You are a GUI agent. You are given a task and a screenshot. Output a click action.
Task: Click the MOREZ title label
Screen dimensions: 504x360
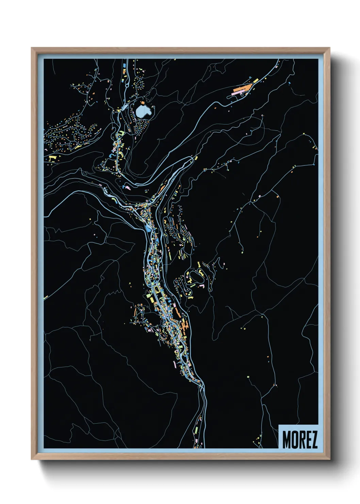[299, 439]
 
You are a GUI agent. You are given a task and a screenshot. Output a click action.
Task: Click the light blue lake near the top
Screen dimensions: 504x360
[144, 111]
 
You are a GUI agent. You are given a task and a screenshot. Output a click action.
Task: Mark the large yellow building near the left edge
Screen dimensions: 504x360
[52, 158]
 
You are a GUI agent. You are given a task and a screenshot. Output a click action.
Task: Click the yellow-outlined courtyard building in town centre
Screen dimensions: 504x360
[157, 290]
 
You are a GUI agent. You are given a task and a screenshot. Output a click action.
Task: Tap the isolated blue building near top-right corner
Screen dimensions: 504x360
[289, 82]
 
